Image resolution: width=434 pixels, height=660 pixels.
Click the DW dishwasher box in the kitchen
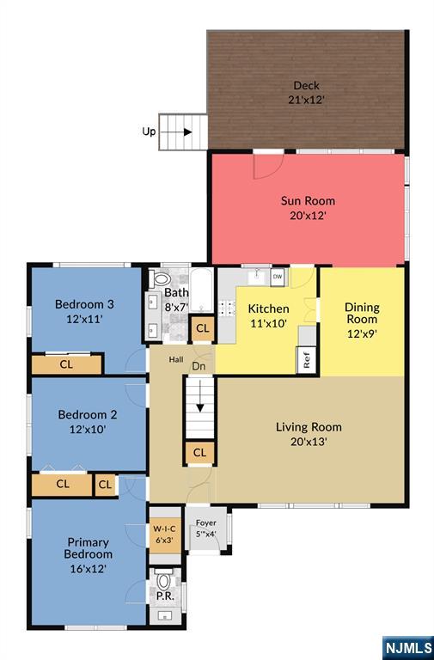tap(278, 278)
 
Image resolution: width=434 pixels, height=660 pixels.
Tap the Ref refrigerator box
tap(307, 360)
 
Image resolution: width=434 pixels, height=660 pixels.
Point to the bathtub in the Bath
tap(201, 290)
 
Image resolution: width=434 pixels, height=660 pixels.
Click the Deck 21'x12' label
tap(307, 93)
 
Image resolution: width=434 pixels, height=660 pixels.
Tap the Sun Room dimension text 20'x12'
tap(309, 216)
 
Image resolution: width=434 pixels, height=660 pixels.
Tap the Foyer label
tap(206, 522)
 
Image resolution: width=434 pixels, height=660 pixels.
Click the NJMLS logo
tap(408, 647)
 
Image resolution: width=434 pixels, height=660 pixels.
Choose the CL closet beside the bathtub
tap(203, 328)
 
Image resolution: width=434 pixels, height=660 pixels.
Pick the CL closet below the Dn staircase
tap(200, 453)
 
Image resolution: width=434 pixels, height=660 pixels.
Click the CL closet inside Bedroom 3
tap(66, 364)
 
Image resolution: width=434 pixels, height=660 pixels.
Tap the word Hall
tap(176, 359)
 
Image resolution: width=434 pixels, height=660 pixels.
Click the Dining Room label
tap(362, 313)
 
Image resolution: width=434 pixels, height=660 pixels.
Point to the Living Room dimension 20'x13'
tap(309, 442)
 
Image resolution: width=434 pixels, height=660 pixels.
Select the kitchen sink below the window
tap(256, 277)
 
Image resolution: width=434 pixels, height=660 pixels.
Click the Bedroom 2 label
tap(88, 414)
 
